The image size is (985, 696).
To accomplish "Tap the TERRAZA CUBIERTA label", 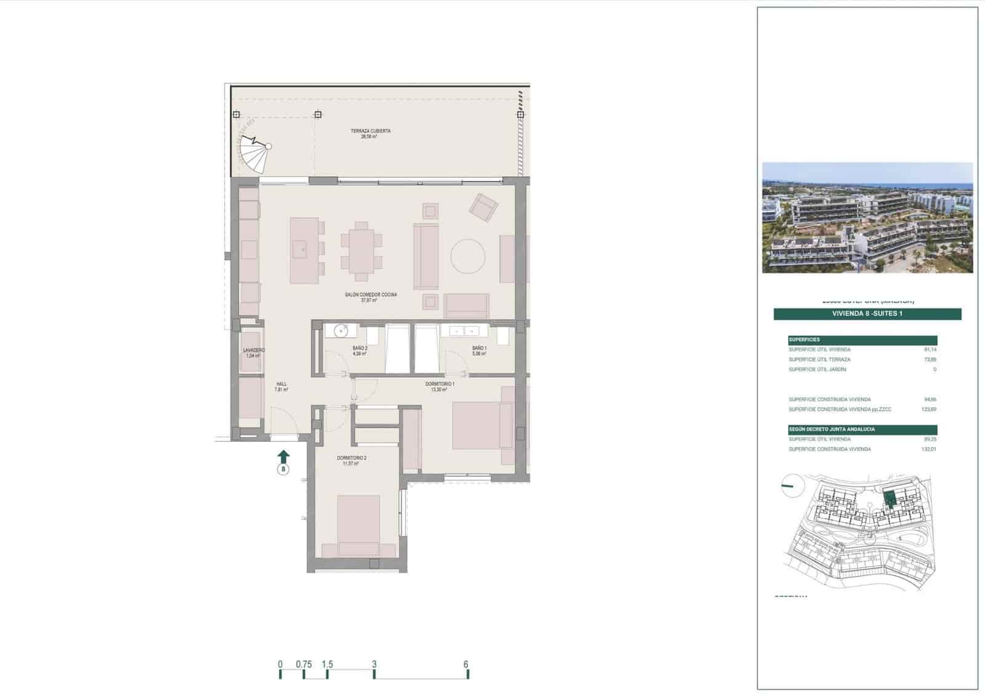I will coord(370,131).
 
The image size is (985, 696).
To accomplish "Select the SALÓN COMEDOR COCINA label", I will coord(371,295).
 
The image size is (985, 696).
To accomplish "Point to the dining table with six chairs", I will coord(361,247).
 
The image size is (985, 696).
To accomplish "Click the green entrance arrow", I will coord(283,456).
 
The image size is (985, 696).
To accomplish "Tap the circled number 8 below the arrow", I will coord(283,470).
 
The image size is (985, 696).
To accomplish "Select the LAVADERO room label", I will coord(254,350).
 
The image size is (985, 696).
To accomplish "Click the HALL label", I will coord(281,384).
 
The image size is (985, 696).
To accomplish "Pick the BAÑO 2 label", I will coord(360,348).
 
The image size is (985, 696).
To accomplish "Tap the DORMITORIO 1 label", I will coord(440,384).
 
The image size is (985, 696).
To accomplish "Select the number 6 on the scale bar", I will coord(466,664).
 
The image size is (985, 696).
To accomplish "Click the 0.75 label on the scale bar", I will coord(304,664).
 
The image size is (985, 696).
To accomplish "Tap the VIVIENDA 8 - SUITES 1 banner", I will coord(867,314).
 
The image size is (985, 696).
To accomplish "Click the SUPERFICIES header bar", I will coord(862,340).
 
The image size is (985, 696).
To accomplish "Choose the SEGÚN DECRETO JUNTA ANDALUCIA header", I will coord(862,429).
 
